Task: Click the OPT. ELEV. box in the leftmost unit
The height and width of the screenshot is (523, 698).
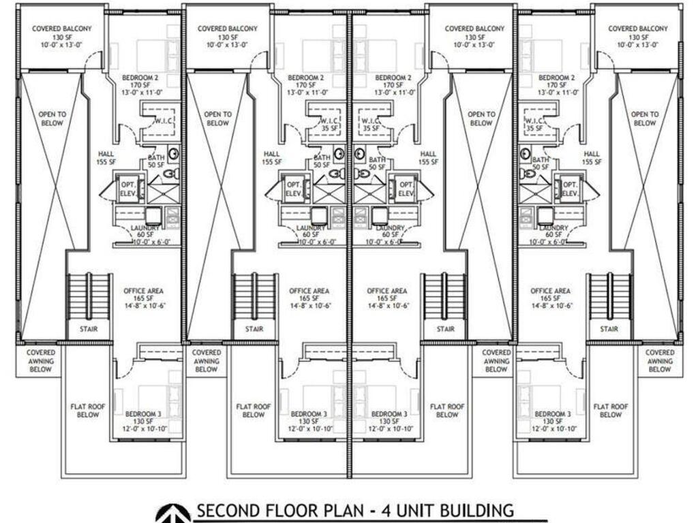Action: tap(130, 189)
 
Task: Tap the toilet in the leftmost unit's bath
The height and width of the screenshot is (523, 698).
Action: tap(173, 154)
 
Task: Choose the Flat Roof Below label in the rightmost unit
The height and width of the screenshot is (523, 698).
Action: tap(610, 410)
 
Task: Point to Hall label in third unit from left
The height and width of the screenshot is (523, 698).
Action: tap(428, 158)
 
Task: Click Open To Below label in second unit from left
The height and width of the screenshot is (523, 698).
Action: tap(217, 118)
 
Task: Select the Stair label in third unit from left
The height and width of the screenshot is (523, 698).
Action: tap(446, 329)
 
